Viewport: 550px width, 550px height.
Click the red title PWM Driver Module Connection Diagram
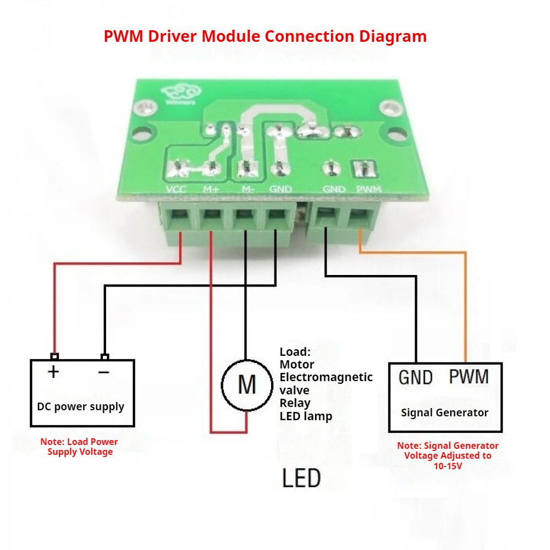click(x=265, y=37)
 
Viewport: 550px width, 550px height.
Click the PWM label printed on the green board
click(x=369, y=190)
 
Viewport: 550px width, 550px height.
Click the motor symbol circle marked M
click(x=247, y=384)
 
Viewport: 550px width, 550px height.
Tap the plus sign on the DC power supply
click(x=53, y=372)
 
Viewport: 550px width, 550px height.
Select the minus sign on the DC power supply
click(x=104, y=372)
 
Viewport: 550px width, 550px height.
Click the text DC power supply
click(x=81, y=407)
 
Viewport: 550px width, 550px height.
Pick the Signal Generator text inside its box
click(x=444, y=413)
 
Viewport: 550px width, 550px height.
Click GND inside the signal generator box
click(x=415, y=378)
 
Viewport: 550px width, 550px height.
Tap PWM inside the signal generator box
click(x=469, y=377)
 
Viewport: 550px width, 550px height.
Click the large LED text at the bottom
click(x=301, y=478)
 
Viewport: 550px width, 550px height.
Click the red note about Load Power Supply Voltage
click(x=79, y=447)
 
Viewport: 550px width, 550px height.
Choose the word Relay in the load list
click(x=295, y=403)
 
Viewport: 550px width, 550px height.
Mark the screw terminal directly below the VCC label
click(x=177, y=216)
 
